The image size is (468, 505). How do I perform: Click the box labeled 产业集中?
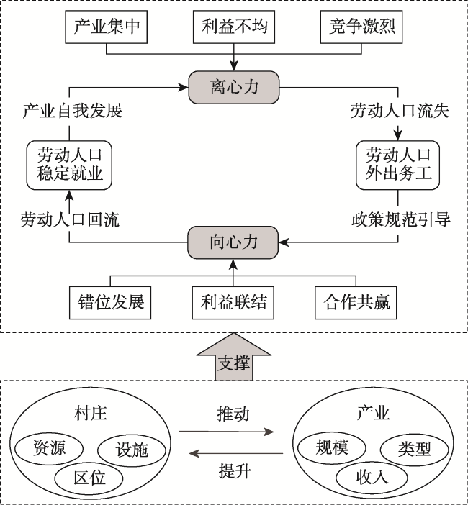107,27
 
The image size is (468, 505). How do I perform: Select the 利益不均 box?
234,27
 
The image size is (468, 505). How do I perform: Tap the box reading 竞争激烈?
361,27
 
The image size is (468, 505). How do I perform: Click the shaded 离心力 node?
234,87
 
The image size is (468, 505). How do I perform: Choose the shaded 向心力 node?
233,242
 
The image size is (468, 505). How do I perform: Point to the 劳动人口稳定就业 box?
69,165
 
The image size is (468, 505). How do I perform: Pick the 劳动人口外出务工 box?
397,165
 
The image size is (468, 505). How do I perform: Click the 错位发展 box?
110,303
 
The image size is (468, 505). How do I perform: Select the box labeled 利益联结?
233,303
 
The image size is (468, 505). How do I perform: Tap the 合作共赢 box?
356,303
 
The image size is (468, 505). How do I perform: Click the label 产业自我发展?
73,111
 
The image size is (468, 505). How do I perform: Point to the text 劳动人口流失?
400,111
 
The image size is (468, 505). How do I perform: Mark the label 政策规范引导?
400,220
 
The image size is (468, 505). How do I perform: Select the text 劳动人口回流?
70,220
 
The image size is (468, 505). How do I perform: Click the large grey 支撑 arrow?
234,357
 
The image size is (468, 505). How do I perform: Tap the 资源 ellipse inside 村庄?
49,449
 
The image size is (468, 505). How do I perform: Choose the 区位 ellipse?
89,478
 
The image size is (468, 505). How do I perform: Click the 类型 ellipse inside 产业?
415,450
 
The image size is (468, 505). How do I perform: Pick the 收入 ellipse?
372,477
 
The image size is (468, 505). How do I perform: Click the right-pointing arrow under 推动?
226,432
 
